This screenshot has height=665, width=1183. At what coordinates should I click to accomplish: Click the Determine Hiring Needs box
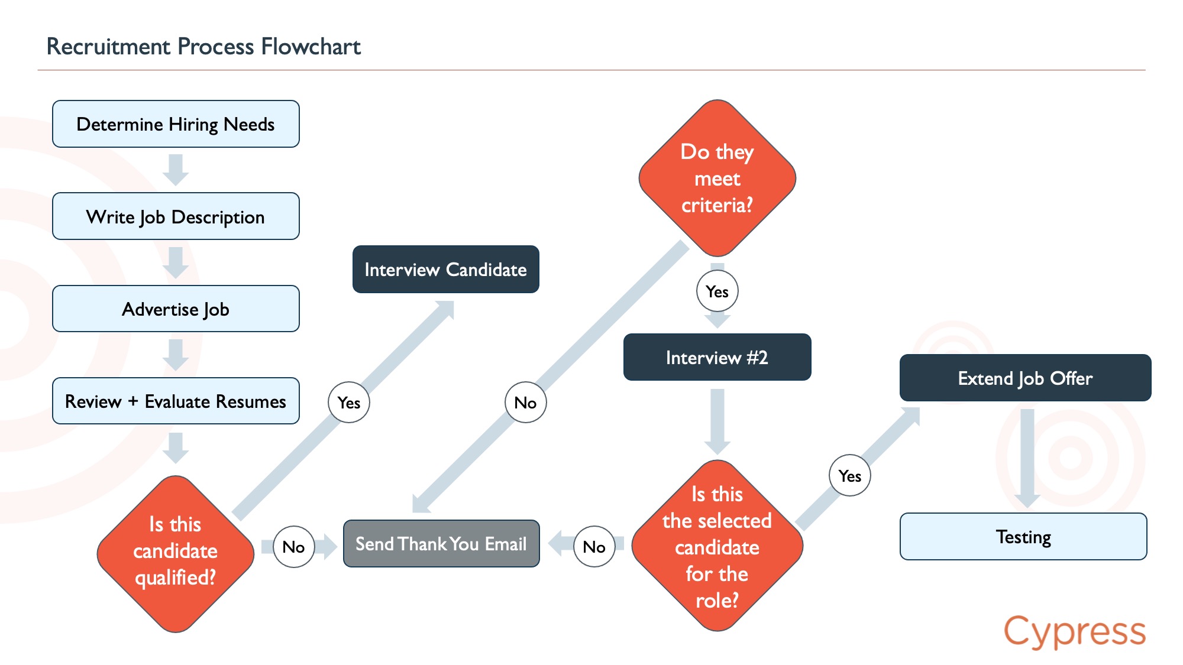(176, 124)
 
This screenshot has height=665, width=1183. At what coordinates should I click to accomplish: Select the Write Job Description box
(176, 216)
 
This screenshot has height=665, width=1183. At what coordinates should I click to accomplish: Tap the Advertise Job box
(176, 309)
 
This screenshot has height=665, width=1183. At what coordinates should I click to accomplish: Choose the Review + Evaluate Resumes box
(176, 401)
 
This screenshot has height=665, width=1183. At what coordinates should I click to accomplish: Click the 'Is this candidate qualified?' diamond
(176, 554)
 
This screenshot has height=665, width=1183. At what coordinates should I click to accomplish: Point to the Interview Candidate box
(446, 270)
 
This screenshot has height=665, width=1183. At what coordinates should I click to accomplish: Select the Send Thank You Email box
(441, 544)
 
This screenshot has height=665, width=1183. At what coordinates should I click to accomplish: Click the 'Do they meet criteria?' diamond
(717, 178)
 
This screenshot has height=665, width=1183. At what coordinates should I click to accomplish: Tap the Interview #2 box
(717, 357)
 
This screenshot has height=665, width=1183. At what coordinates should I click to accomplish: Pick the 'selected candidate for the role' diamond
(717, 546)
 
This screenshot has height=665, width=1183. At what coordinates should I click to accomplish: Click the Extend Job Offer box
(1026, 378)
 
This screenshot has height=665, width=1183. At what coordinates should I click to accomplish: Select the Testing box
(1023, 536)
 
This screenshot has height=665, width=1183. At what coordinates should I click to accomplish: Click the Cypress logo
(1075, 631)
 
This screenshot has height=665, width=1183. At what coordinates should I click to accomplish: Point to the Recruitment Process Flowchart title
(203, 46)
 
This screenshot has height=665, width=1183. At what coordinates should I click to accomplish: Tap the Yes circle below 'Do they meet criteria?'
(717, 291)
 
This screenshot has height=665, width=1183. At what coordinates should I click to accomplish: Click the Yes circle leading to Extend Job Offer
(850, 475)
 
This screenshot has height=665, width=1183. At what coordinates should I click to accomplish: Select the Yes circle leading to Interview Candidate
(349, 402)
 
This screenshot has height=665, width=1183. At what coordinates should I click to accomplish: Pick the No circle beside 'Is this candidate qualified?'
(294, 547)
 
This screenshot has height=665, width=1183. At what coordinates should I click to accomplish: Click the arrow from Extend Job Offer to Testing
(1027, 458)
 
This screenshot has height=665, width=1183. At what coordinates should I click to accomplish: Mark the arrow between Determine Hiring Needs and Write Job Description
(176, 170)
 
